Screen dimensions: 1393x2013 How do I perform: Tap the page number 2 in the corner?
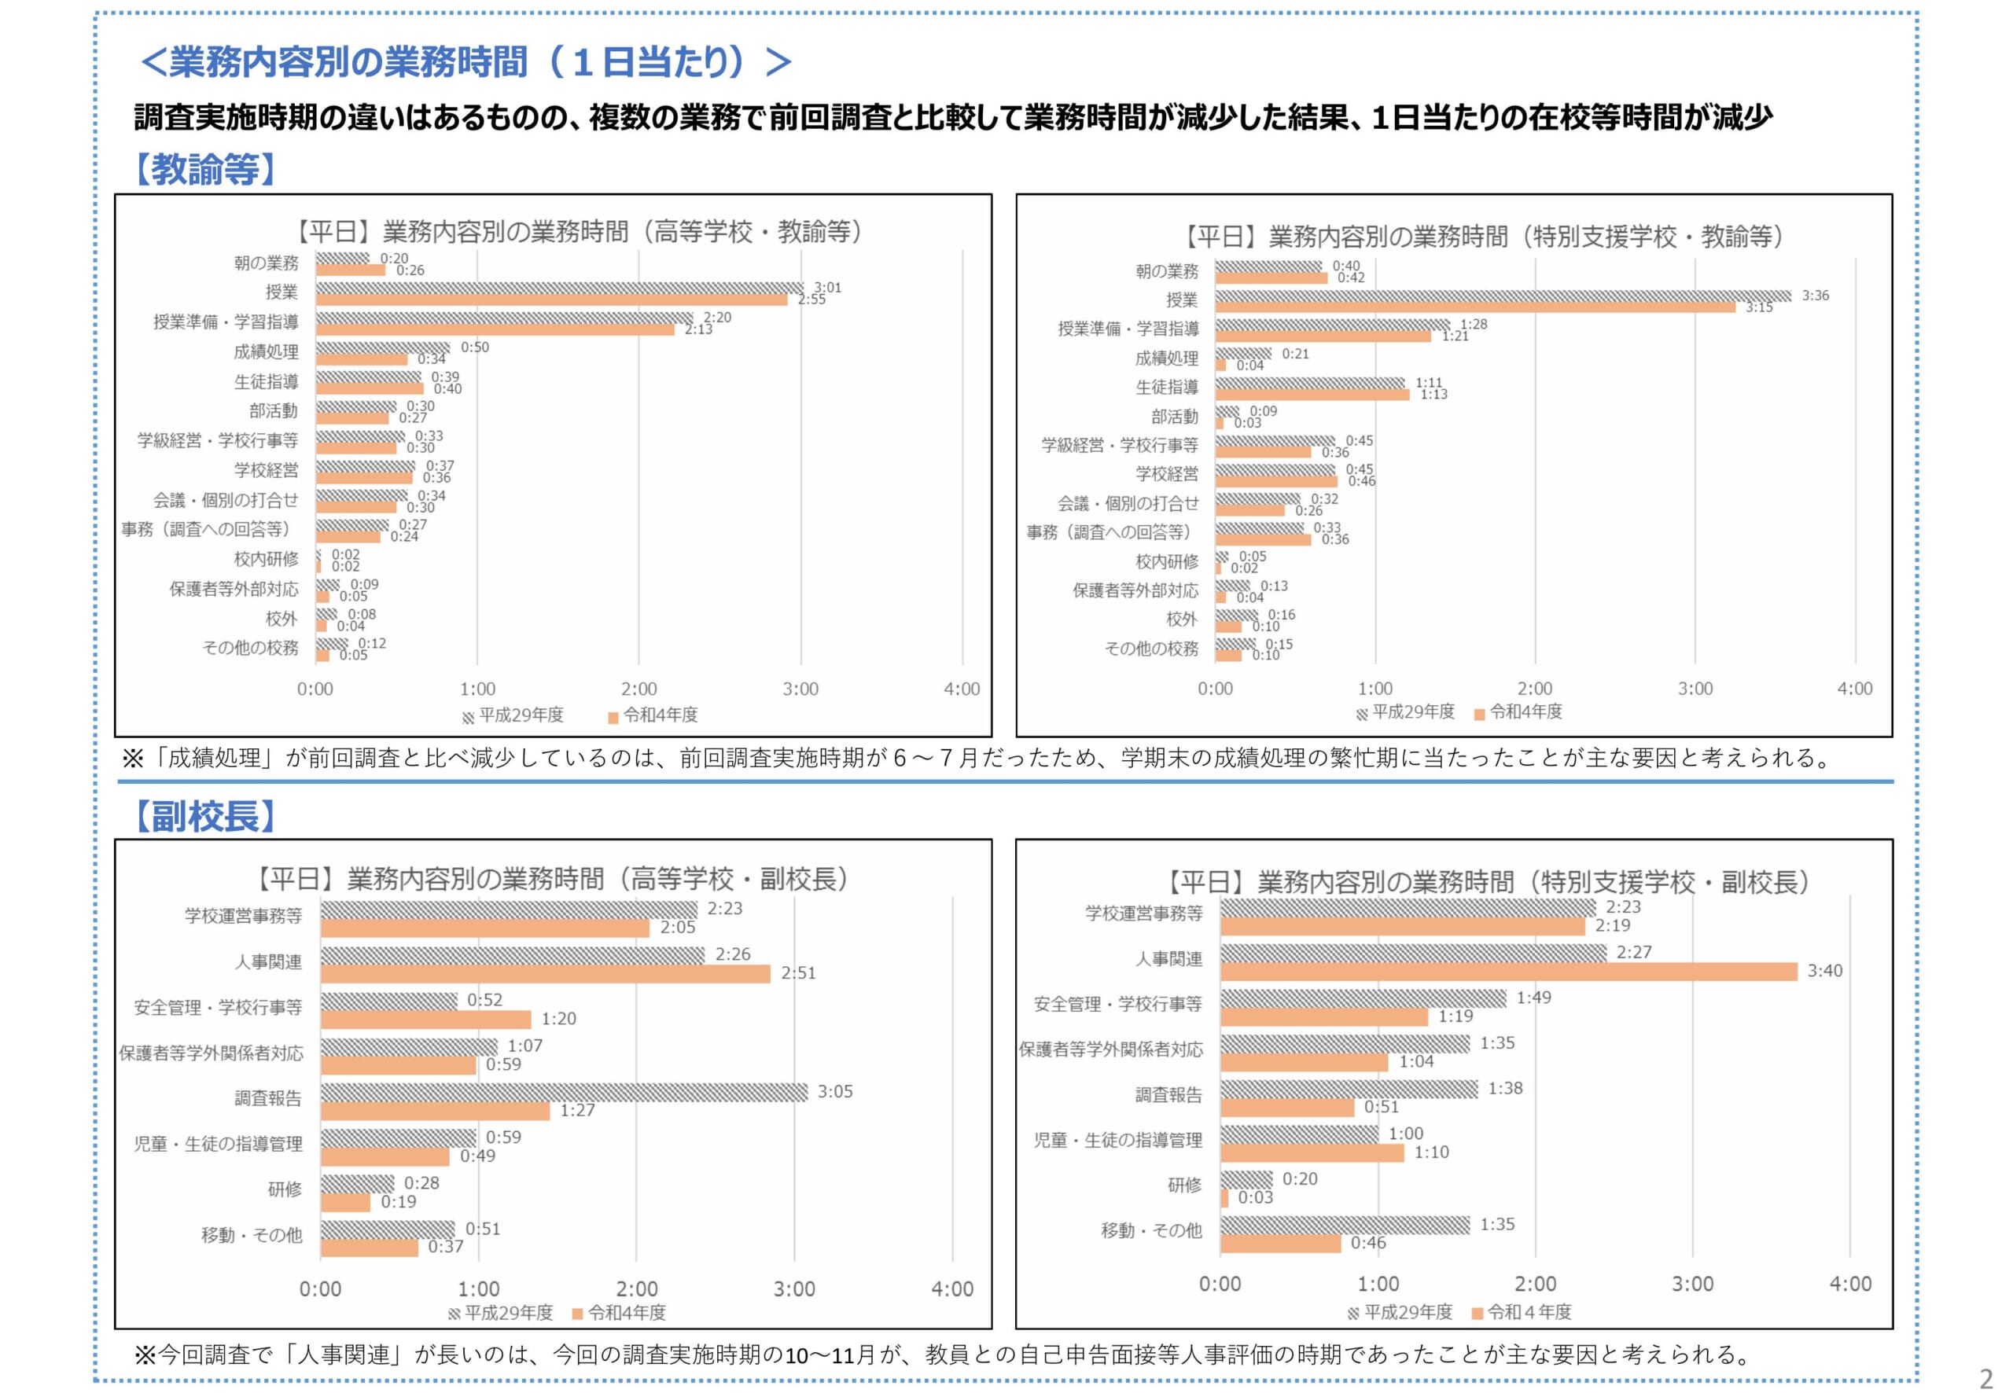point(1986,1378)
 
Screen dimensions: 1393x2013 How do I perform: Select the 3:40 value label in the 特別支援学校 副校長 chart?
point(1824,971)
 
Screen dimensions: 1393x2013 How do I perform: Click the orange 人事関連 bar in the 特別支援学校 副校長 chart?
point(1508,972)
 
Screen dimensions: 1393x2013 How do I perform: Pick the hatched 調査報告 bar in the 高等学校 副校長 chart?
point(564,1092)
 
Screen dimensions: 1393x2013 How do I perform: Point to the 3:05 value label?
point(834,1092)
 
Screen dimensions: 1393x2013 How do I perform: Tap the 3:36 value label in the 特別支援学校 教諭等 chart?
point(1815,296)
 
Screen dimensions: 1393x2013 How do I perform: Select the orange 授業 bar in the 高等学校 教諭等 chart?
point(552,300)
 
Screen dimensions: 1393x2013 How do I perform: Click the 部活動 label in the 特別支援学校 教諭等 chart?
point(1174,417)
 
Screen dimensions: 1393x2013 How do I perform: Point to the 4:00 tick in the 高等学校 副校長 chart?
point(951,1289)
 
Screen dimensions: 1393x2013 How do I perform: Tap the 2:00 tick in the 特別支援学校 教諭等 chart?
point(1535,689)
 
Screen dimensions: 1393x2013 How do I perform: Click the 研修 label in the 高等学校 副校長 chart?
point(285,1189)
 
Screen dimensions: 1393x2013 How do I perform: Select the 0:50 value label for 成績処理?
point(475,347)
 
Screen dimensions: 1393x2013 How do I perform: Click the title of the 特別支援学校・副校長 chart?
point(1489,882)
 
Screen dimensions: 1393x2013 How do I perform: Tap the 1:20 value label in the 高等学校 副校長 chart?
point(558,1019)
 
